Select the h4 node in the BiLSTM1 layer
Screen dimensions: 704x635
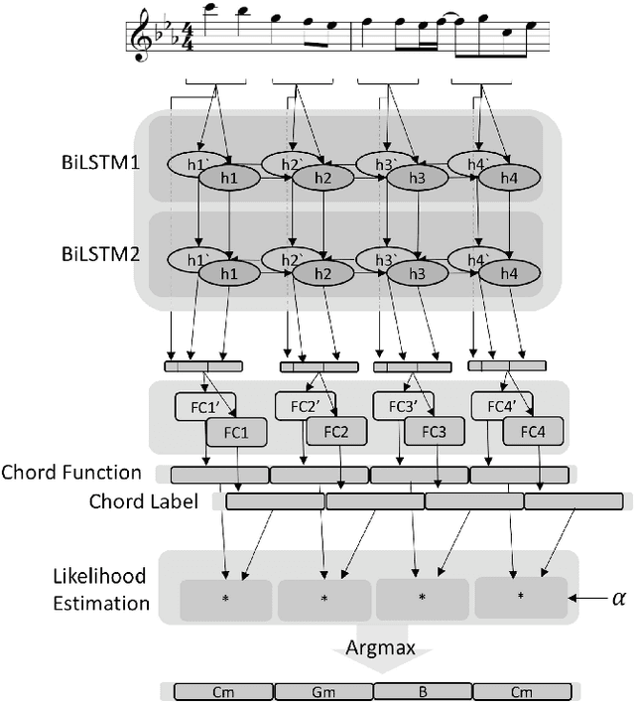click(x=507, y=177)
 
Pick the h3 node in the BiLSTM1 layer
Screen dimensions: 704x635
click(x=416, y=177)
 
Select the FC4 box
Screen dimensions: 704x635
click(x=532, y=432)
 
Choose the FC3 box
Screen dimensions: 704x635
click(x=433, y=432)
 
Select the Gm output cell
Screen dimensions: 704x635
click(x=322, y=690)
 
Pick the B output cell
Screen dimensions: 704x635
click(x=423, y=690)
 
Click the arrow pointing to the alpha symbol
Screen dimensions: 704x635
click(x=590, y=599)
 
